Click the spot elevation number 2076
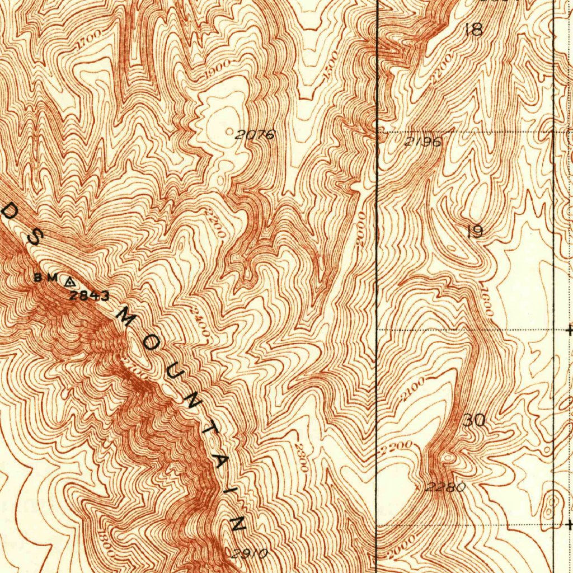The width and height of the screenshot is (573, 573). pyautogui.click(x=255, y=135)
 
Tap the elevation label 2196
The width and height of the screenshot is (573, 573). pyautogui.click(x=422, y=142)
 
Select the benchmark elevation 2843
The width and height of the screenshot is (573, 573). pyautogui.click(x=90, y=296)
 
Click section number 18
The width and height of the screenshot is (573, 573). pyautogui.click(x=473, y=30)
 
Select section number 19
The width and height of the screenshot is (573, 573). pyautogui.click(x=475, y=232)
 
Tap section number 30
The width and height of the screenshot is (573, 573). pyautogui.click(x=475, y=421)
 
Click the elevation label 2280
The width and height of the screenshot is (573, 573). pyautogui.click(x=445, y=487)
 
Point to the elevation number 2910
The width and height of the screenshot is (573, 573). pyautogui.click(x=249, y=554)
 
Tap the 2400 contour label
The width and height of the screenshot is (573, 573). pyautogui.click(x=200, y=322)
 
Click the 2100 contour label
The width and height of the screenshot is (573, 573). pyautogui.click(x=413, y=389)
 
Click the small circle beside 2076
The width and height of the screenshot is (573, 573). pyautogui.click(x=231, y=131)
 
